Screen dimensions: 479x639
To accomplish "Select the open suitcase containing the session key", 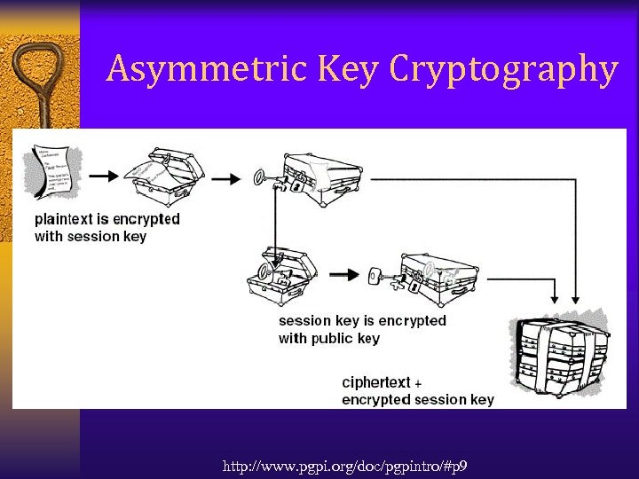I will tap(282, 274).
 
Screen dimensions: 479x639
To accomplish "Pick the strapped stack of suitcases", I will tap(561, 355).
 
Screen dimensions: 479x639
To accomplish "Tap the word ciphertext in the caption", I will tap(376, 382).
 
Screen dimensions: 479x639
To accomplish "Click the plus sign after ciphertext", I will tap(418, 384).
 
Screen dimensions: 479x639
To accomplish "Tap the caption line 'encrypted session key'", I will tap(418, 400).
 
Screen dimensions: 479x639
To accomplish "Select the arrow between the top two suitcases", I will tap(227, 178).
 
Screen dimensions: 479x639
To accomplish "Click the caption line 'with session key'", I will tap(91, 236).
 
